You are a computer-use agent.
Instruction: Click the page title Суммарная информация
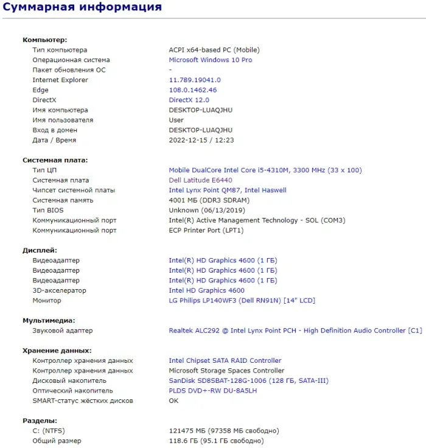coord(82,7)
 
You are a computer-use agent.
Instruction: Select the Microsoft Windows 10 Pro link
coord(210,60)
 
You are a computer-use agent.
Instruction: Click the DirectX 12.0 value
coord(189,100)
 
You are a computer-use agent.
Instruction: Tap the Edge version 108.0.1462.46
coord(192,90)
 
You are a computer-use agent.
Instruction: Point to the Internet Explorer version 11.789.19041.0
coord(194,80)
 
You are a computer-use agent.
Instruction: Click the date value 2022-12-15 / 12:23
coord(201,140)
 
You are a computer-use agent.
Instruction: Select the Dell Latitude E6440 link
coord(200,180)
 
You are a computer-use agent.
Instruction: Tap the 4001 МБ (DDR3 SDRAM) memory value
coord(209,200)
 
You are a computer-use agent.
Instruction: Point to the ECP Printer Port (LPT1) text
coord(206,231)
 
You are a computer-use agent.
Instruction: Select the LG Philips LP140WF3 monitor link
coord(242,301)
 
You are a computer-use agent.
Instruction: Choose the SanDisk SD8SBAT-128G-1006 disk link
coord(248,381)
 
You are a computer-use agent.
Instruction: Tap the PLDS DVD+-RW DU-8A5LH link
coord(212,391)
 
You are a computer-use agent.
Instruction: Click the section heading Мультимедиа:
coord(49,320)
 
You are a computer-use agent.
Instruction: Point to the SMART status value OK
coord(173,401)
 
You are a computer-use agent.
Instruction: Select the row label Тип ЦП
coord(44,170)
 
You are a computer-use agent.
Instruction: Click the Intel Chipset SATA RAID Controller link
coord(225,361)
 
